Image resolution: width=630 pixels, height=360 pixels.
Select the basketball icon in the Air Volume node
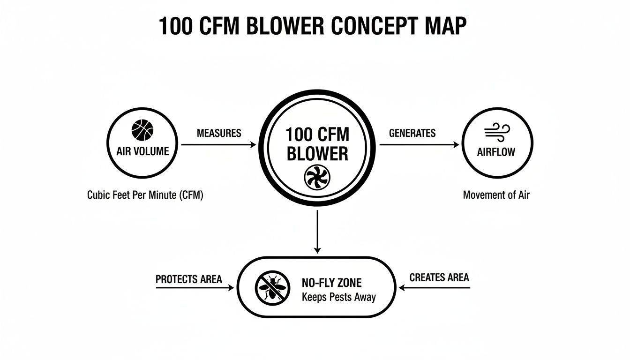tap(142, 130)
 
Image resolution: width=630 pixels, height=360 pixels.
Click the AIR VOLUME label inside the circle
tap(142, 151)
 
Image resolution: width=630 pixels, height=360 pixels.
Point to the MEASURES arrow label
tap(219, 133)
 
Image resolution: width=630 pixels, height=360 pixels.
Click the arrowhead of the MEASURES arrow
tap(254, 145)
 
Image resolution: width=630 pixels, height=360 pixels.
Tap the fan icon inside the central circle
tap(317, 177)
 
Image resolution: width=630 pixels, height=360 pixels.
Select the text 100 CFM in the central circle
tap(317, 135)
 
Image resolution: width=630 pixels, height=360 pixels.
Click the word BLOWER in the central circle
tap(317, 154)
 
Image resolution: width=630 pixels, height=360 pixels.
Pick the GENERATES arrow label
tap(412, 133)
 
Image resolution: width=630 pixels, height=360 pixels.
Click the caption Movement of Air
tap(496, 195)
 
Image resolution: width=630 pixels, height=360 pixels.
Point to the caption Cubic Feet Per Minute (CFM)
tap(145, 195)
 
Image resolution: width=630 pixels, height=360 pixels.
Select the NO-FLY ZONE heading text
tap(331, 283)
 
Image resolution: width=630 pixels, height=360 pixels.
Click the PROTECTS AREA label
tap(188, 279)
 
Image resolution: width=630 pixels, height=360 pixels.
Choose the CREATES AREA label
tap(439, 277)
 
